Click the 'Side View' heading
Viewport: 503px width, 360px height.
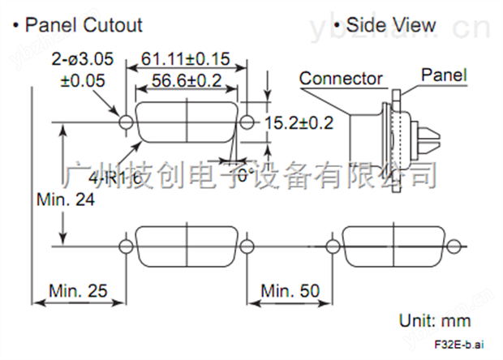point(389,24)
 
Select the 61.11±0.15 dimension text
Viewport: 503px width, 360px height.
point(186,60)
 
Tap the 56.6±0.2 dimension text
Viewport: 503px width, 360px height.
point(187,79)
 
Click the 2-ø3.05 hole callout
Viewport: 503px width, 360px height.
point(81,60)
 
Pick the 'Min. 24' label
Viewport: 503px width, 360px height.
point(65,199)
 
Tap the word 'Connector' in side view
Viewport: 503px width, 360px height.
point(341,79)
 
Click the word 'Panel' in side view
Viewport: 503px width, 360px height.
point(443,75)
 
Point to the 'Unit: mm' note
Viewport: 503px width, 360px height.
point(435,321)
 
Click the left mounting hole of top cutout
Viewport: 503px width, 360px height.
point(125,122)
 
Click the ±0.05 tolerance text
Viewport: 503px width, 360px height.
point(83,80)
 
